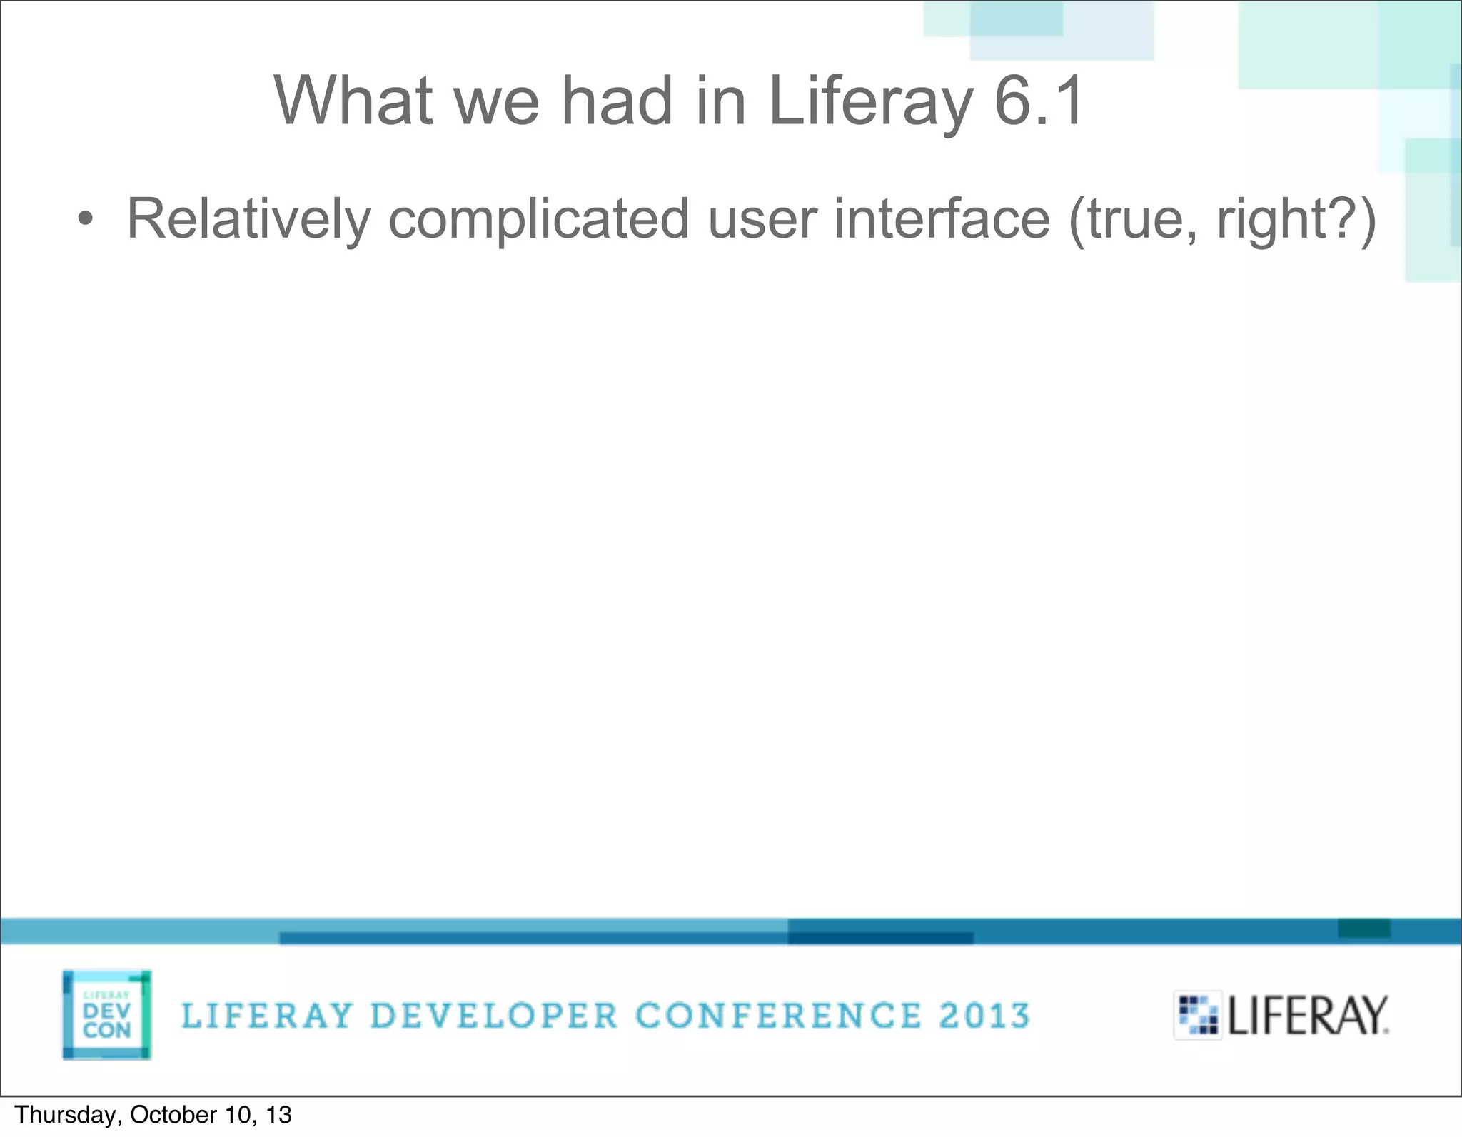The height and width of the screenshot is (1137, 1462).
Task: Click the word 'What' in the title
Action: coord(353,101)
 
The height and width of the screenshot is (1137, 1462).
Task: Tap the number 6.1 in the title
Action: coord(1039,101)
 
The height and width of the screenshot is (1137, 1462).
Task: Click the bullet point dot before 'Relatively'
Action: coord(85,219)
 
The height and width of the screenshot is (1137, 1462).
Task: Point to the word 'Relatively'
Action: coord(248,219)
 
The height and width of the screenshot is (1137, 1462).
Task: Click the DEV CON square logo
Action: coord(107,1014)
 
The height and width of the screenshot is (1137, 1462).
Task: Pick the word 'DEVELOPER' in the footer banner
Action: coord(494,1016)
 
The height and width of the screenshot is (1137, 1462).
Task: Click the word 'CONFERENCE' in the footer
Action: coord(778,1016)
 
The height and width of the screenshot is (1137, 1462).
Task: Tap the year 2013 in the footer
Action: coord(984,1016)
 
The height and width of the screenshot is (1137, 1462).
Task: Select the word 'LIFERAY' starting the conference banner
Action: coord(267,1016)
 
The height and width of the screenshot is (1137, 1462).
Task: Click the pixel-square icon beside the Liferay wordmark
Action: coord(1197,1015)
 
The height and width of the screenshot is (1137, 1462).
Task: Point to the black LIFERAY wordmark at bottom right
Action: coord(1308,1016)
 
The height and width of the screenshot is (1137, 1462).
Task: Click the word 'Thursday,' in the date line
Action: coord(68,1115)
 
